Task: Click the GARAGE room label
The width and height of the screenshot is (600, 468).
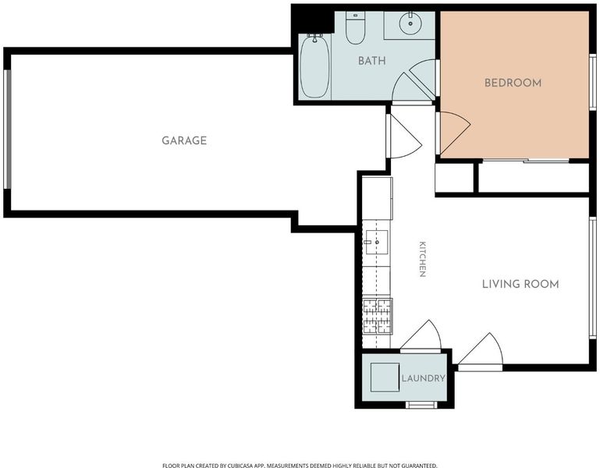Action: [x=184, y=140]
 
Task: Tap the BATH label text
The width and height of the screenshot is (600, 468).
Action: [x=372, y=61]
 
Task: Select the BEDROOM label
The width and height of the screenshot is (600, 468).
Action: [x=513, y=83]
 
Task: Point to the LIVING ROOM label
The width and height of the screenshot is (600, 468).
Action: [x=520, y=284]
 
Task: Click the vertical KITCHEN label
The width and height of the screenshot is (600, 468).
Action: [x=422, y=259]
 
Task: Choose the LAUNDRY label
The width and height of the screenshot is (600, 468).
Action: [x=423, y=378]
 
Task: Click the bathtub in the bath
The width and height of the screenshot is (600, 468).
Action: [x=315, y=66]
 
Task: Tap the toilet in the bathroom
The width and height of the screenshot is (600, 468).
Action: [x=355, y=27]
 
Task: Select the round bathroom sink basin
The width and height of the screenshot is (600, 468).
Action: [x=410, y=23]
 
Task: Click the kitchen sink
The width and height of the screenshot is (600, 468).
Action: [x=377, y=243]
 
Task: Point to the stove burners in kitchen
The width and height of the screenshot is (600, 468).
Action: [x=378, y=316]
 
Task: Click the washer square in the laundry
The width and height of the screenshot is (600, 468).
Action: [x=385, y=377]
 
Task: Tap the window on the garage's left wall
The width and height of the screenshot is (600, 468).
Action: [x=7, y=129]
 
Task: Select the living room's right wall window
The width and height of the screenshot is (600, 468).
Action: [x=593, y=278]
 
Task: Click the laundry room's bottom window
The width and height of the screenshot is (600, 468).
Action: [x=421, y=405]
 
